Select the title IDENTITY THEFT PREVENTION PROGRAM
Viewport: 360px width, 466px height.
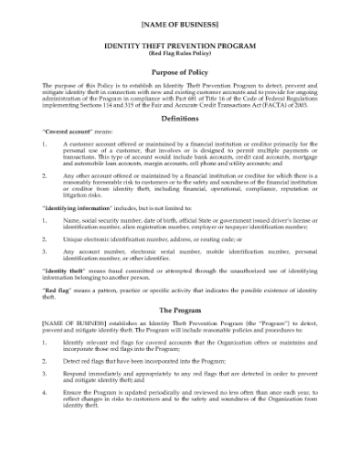[x=179, y=47]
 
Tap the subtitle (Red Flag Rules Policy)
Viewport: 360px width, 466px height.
[x=179, y=57]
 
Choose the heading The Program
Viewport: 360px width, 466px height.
[x=179, y=311]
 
